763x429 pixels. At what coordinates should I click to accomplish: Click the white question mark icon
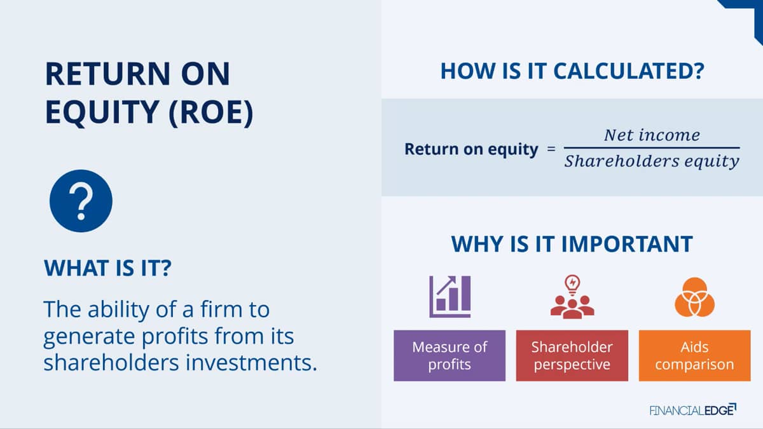pos(81,201)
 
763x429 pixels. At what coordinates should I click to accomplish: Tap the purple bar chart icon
pos(450,297)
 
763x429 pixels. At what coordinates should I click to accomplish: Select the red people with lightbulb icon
pos(572,297)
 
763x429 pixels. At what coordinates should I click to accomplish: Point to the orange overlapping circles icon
pos(694,297)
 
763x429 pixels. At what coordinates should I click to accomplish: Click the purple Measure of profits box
pos(450,355)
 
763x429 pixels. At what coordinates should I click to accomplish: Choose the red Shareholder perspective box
pos(572,355)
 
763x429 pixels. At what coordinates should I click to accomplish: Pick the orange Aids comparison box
pos(694,355)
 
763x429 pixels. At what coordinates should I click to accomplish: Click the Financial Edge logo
pos(693,409)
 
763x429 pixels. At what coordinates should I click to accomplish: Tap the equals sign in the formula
pos(551,149)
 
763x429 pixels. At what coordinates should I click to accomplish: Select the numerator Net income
pos(652,135)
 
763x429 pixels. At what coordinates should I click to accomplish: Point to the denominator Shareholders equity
pos(652,161)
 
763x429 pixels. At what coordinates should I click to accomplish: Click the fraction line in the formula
pos(652,147)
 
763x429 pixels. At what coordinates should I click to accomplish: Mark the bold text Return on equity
pos(471,149)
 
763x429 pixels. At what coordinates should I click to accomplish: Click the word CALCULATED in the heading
pos(629,71)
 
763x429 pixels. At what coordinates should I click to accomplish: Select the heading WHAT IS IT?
pos(107,268)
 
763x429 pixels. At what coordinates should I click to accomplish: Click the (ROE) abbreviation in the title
pos(211,112)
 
